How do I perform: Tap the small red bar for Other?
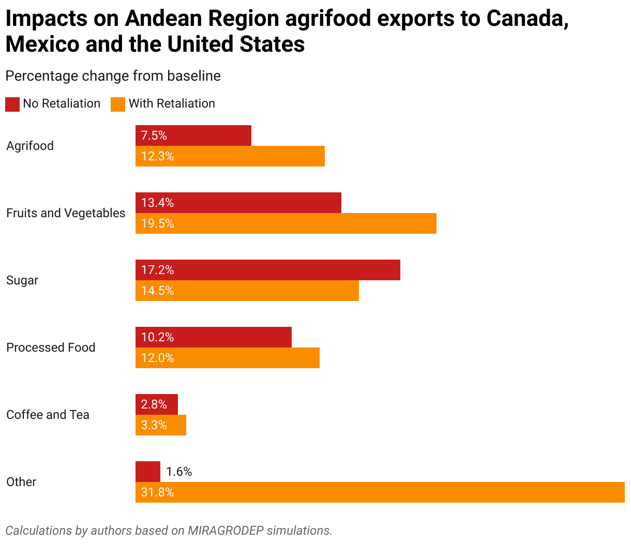(148, 472)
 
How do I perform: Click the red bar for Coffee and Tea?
(157, 404)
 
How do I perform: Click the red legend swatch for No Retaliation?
(12, 104)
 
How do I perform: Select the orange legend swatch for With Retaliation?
(118, 104)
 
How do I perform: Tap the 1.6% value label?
(179, 472)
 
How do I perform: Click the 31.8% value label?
(157, 492)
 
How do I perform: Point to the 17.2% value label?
(157, 270)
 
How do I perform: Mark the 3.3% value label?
(154, 425)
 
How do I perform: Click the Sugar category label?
(22, 280)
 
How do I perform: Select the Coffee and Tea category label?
(48, 415)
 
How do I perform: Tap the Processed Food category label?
(51, 347)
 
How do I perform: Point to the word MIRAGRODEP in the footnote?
(224, 531)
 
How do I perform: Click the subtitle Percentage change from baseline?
(113, 76)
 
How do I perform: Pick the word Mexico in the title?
(42, 44)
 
